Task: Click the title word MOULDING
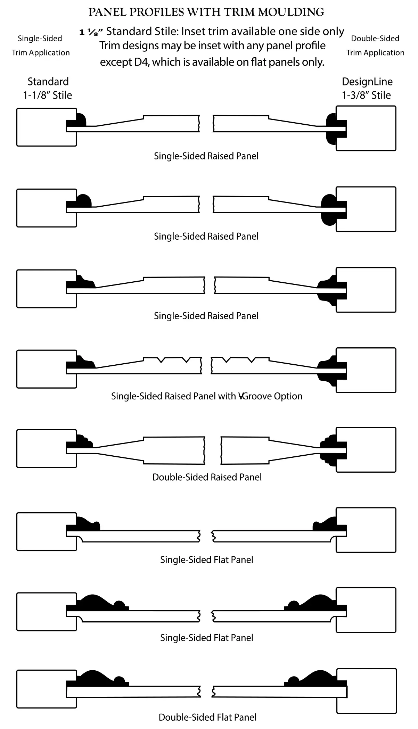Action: [x=291, y=12]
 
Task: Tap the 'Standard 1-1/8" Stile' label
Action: [x=48, y=88]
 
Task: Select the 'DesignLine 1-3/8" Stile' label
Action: [x=367, y=88]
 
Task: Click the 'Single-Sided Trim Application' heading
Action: [x=40, y=45]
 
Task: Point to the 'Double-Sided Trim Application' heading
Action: [x=375, y=45]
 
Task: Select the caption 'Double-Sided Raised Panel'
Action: [x=207, y=477]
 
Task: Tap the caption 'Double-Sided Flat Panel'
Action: [x=207, y=717]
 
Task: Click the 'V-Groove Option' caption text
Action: [x=270, y=396]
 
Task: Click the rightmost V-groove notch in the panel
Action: [x=251, y=360]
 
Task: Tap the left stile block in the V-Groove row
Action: [x=47, y=369]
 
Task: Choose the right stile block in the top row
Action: [x=366, y=128]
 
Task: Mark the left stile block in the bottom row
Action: [x=47, y=689]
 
